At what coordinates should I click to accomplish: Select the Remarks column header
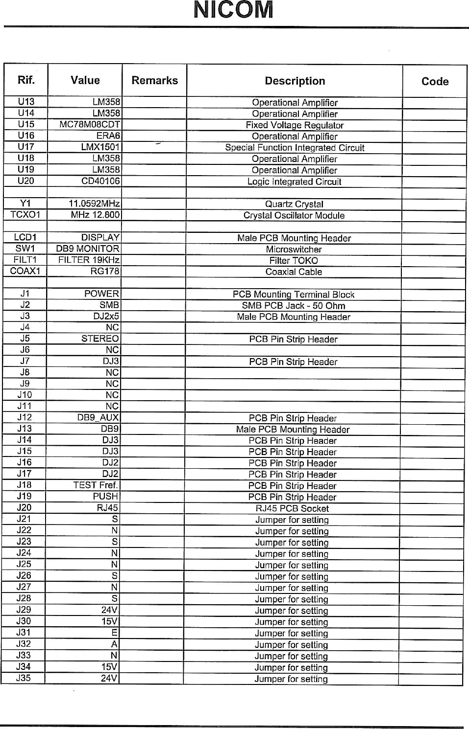click(154, 81)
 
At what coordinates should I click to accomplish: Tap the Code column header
click(435, 82)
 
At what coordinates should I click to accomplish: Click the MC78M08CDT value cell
click(90, 124)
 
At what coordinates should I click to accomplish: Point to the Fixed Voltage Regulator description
click(295, 125)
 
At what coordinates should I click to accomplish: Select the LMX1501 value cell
click(101, 147)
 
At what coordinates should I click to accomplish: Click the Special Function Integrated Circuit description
click(295, 148)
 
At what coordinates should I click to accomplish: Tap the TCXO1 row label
click(25, 215)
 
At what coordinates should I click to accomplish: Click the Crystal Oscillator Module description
click(294, 215)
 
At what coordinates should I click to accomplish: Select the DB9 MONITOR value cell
click(88, 249)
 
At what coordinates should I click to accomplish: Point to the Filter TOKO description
click(294, 261)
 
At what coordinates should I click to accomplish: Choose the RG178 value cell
click(105, 271)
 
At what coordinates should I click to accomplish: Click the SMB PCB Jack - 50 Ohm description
click(294, 306)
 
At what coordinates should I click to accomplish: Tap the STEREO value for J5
click(100, 339)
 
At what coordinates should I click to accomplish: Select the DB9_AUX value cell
click(98, 417)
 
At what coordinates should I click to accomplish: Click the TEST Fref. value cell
click(96, 485)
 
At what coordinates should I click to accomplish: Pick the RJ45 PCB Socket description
click(293, 508)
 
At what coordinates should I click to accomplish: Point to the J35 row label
click(24, 678)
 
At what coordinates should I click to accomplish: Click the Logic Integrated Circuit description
click(294, 182)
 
